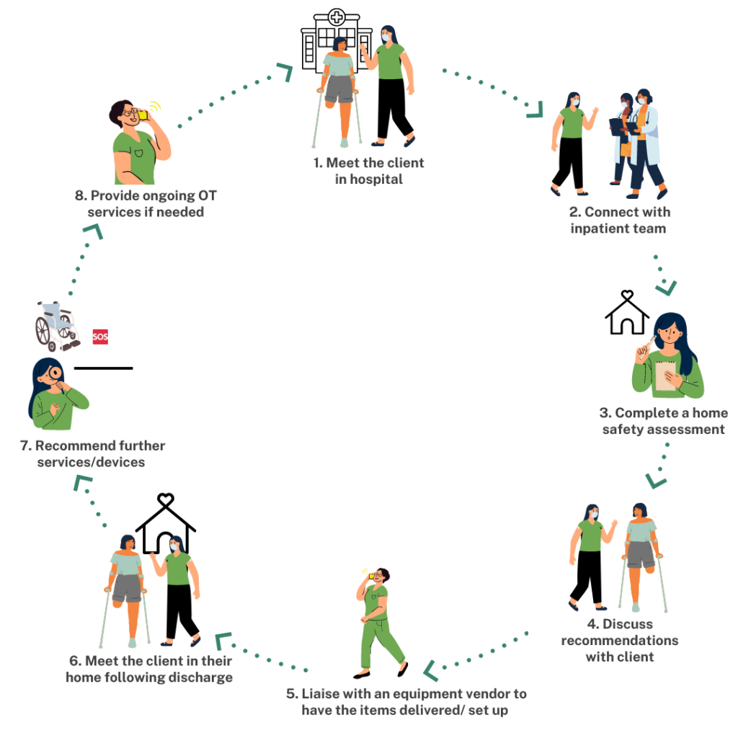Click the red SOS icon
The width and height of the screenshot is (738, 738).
(x=100, y=337)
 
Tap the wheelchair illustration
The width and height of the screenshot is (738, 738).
(x=56, y=326)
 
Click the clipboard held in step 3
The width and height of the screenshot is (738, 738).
(x=664, y=375)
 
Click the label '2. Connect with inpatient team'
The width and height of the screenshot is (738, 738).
(x=618, y=220)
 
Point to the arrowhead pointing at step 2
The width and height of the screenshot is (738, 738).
(x=535, y=110)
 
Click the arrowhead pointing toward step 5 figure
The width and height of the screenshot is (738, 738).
(x=430, y=670)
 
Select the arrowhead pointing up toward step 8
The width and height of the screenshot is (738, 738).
(x=92, y=231)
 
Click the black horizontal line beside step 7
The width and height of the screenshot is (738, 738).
(x=104, y=368)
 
